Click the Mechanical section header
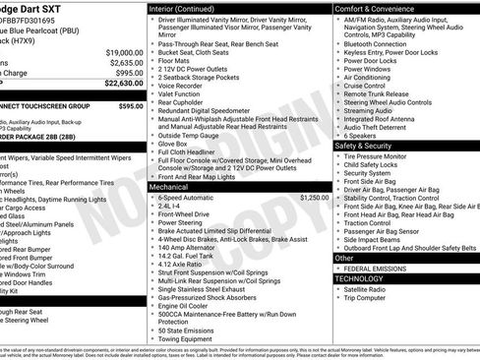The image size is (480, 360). click(169, 185)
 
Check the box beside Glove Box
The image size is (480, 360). click(151, 144)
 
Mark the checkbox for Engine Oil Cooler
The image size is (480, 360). click(151, 305)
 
